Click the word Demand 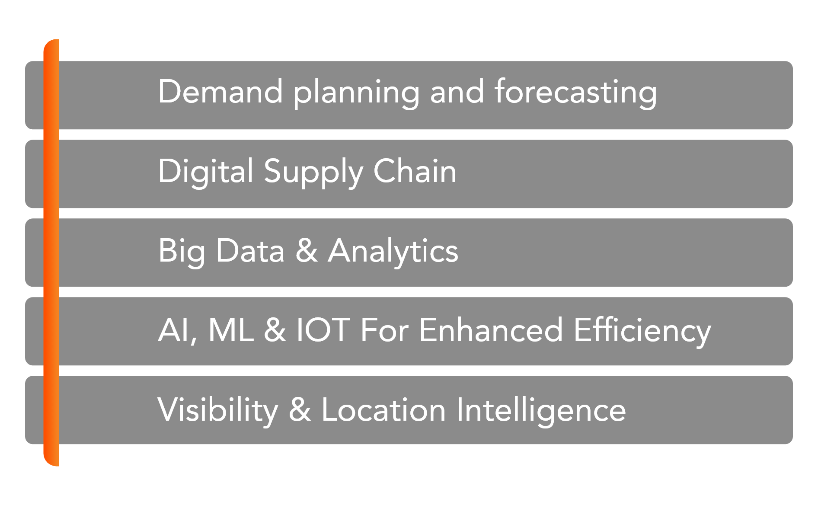(220, 91)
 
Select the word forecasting (576, 94)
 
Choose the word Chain (415, 170)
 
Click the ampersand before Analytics (307, 250)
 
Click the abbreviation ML (231, 329)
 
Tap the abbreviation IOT (323, 329)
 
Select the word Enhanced (491, 329)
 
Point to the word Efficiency (642, 332)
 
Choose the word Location (383, 409)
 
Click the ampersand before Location (300, 409)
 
